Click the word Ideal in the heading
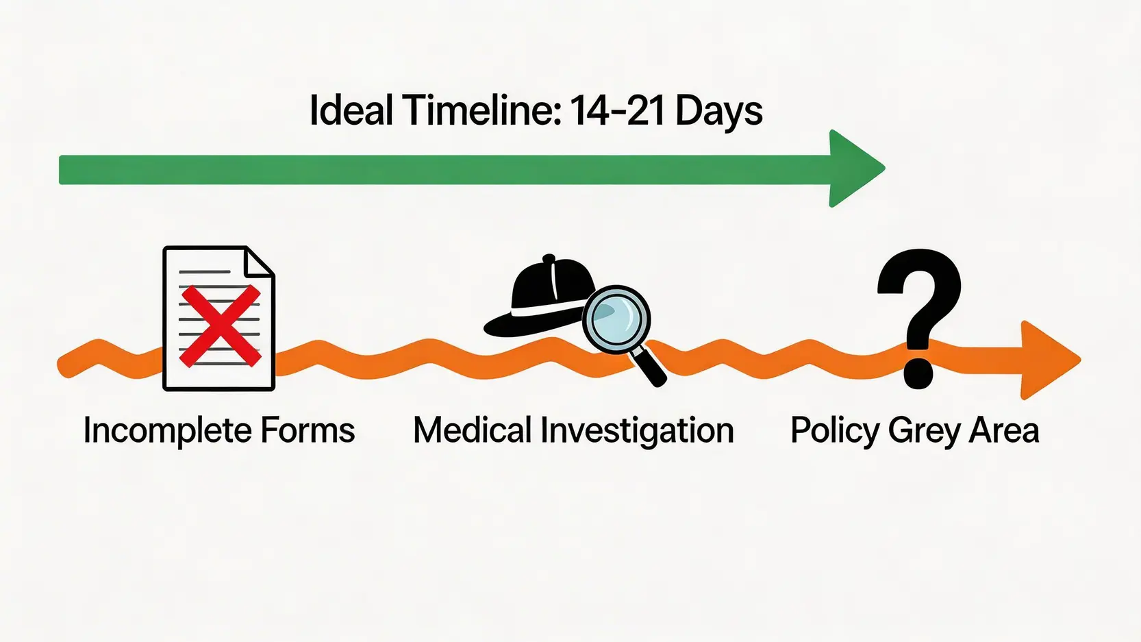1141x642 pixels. pos(351,111)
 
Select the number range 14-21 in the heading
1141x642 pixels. pos(617,111)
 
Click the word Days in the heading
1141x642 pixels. pos(718,111)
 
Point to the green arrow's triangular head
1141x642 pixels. pos(853,168)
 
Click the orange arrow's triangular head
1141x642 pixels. pos(1045,360)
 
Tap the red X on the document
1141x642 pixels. pos(220,325)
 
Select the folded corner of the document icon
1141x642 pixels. pos(260,262)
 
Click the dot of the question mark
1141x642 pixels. pos(918,373)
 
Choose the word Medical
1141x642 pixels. pos(473,431)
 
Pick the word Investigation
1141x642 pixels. pos(637,431)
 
